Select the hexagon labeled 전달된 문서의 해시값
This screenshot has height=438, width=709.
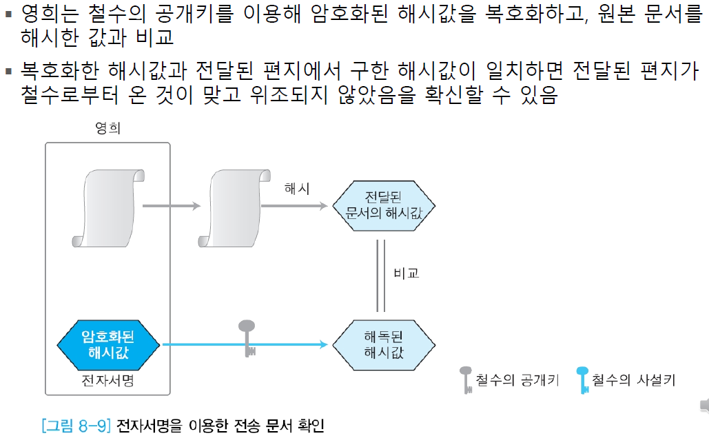click(384, 204)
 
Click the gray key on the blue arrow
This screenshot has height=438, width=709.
click(247, 337)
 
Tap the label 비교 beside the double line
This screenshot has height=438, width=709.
click(407, 273)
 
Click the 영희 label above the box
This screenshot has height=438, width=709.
click(107, 129)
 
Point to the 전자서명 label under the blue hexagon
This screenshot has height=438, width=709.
click(107, 380)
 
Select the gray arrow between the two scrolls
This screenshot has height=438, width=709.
click(172, 205)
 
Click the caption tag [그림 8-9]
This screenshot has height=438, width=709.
click(76, 424)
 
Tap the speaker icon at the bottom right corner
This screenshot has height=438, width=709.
click(703, 405)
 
